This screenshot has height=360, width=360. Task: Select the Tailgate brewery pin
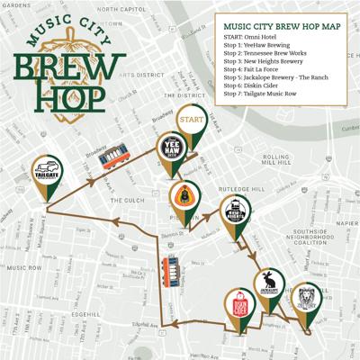click(x=46, y=172)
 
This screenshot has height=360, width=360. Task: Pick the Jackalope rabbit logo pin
click(x=267, y=283)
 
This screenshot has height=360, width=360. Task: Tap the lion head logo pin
click(x=307, y=296)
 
